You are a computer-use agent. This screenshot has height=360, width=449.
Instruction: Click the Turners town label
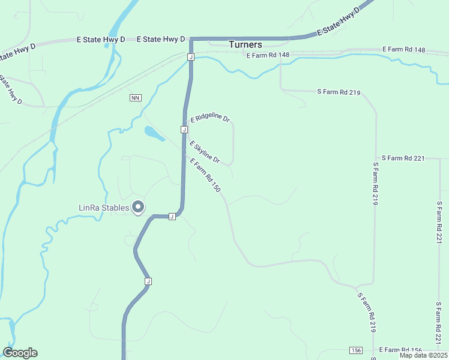point(246,45)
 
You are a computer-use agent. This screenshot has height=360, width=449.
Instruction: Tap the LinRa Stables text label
point(104,208)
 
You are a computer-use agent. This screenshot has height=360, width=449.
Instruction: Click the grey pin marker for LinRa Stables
point(138,207)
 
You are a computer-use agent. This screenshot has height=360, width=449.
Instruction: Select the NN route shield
point(134,97)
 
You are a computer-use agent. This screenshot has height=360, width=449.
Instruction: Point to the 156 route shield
point(356,350)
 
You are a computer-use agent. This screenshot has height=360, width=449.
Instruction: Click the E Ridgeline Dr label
point(211,119)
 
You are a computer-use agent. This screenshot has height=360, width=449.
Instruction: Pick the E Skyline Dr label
point(205,152)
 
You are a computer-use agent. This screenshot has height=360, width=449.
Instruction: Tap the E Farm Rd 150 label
point(205,175)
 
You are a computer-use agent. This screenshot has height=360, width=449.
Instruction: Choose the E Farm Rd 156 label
point(400,350)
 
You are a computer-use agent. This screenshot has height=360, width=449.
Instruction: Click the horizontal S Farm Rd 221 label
point(403,158)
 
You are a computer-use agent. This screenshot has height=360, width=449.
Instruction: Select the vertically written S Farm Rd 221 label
point(439,222)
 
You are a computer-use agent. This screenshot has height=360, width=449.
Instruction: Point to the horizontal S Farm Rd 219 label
point(339,92)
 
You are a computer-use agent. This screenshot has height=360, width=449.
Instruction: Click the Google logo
point(20,353)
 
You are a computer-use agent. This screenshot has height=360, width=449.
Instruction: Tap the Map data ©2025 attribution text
point(423,355)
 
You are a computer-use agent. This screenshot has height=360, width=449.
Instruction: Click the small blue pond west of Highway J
point(154,133)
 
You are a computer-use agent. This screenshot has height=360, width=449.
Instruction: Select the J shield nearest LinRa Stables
point(172,216)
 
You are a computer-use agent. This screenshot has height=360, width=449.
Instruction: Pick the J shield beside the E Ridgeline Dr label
point(184,130)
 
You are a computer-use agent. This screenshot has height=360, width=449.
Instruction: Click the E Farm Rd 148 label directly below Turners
point(268,55)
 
